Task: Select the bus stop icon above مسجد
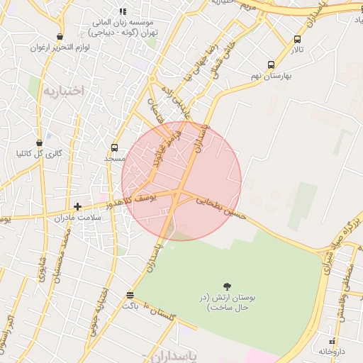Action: (x=114, y=147)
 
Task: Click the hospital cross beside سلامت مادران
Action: (x=77, y=206)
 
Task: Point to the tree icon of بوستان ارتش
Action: (x=227, y=286)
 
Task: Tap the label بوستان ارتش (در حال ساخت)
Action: (x=228, y=304)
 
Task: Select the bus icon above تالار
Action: (x=296, y=40)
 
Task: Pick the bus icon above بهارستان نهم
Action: (x=271, y=63)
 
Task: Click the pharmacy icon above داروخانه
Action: (x=332, y=340)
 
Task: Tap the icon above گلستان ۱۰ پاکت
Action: (x=129, y=295)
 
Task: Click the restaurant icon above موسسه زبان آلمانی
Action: (x=123, y=12)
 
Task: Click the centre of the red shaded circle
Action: (x=181, y=181)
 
